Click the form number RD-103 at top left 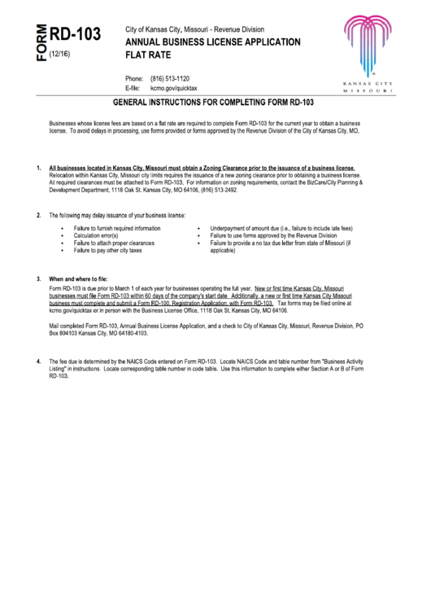point(76,33)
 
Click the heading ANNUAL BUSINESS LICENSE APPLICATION point(212,42)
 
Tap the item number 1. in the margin point(39,168)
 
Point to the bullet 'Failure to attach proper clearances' point(114,243)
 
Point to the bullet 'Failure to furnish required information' point(117,228)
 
